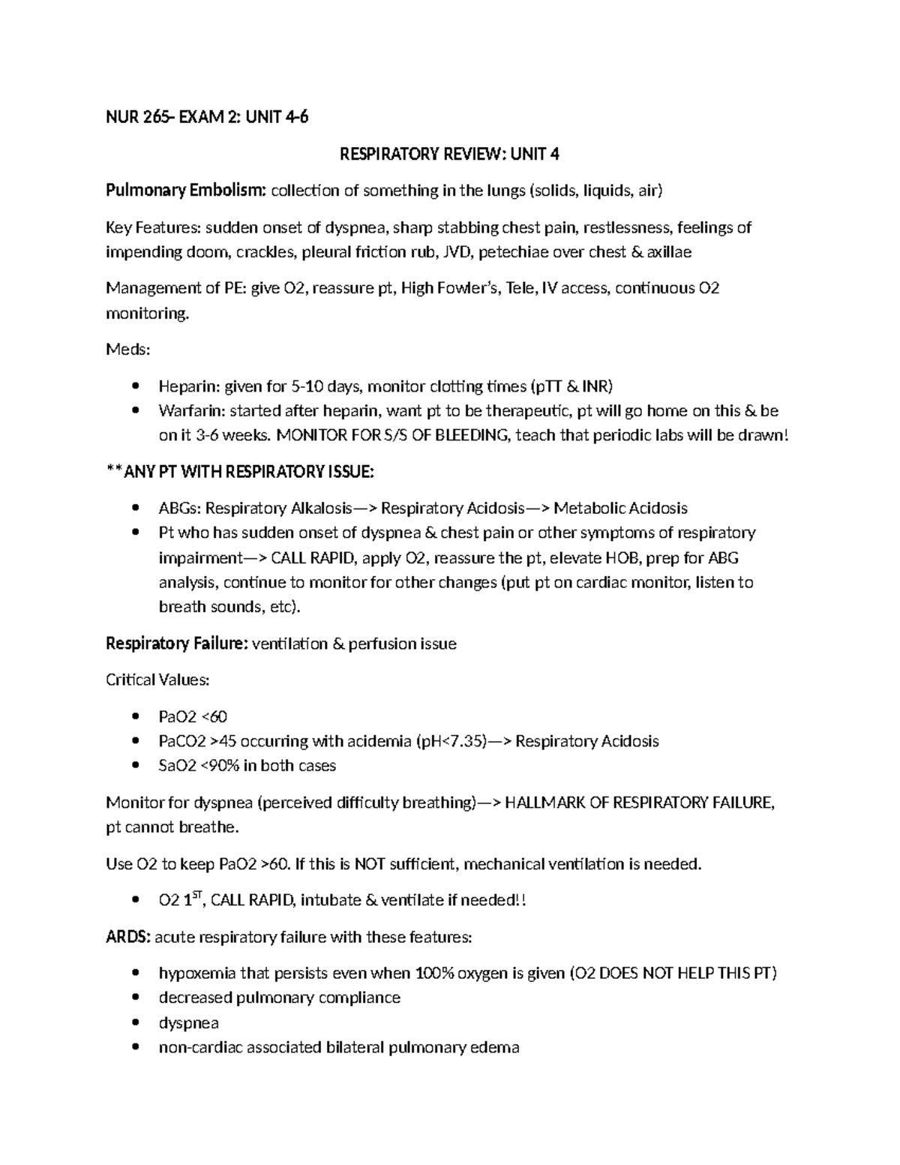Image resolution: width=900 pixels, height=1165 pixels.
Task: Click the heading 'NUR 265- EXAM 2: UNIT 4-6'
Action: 207,118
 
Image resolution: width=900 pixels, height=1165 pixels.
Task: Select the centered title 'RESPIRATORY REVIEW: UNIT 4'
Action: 449,155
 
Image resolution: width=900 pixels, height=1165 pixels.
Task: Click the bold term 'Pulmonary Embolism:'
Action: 186,191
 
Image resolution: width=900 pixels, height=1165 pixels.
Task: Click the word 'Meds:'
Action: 128,350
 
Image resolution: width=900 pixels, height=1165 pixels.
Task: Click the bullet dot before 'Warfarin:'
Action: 135,411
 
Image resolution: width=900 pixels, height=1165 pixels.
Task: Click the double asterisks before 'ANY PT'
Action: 115,472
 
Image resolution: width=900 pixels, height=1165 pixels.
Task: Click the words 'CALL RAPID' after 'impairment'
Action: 309,557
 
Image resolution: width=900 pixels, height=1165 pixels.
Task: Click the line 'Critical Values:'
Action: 157,680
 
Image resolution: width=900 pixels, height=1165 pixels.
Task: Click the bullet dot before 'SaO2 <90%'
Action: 135,766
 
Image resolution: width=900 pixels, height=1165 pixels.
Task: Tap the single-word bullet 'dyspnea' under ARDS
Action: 188,1022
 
